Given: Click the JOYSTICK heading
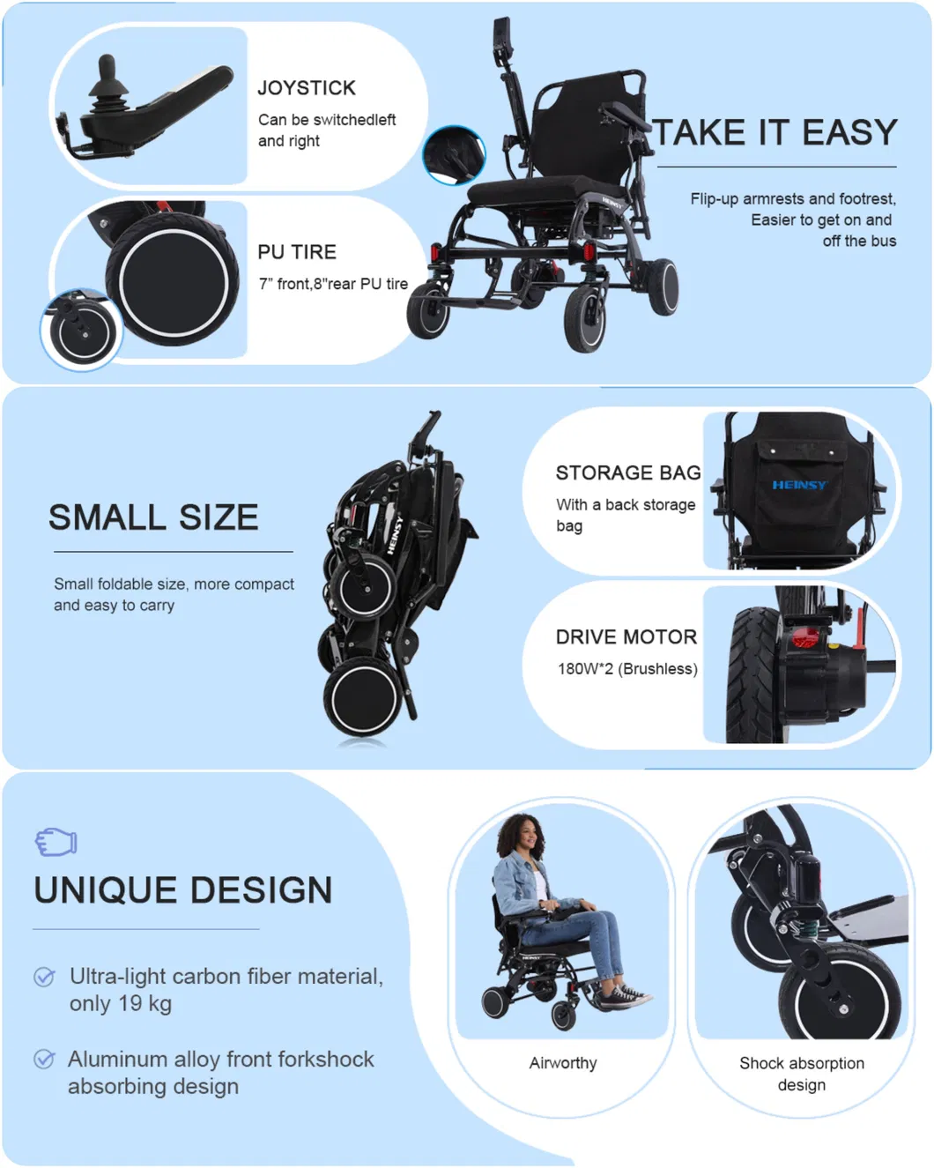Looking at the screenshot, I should point(306,88).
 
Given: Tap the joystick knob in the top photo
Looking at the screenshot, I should point(107,69).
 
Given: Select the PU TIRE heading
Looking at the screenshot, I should point(297,252).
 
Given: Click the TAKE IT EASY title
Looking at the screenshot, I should point(775,133).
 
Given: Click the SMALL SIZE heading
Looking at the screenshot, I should point(153,517).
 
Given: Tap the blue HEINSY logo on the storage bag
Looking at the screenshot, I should point(799,485).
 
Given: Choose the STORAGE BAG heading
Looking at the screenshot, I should point(627,473).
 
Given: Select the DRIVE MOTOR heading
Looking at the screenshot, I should point(626,637).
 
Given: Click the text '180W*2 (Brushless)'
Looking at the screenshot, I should point(627,669).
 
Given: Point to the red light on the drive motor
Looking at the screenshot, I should point(804,638).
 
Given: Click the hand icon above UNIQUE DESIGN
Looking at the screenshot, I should point(56,842).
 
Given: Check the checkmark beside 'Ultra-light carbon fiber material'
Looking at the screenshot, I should point(44,977).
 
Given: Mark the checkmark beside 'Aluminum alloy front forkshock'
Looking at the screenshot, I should point(44,1059).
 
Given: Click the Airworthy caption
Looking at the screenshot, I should point(563,1063).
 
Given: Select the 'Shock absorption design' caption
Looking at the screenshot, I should point(802,1074).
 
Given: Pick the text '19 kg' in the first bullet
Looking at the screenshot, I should point(145,1004).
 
